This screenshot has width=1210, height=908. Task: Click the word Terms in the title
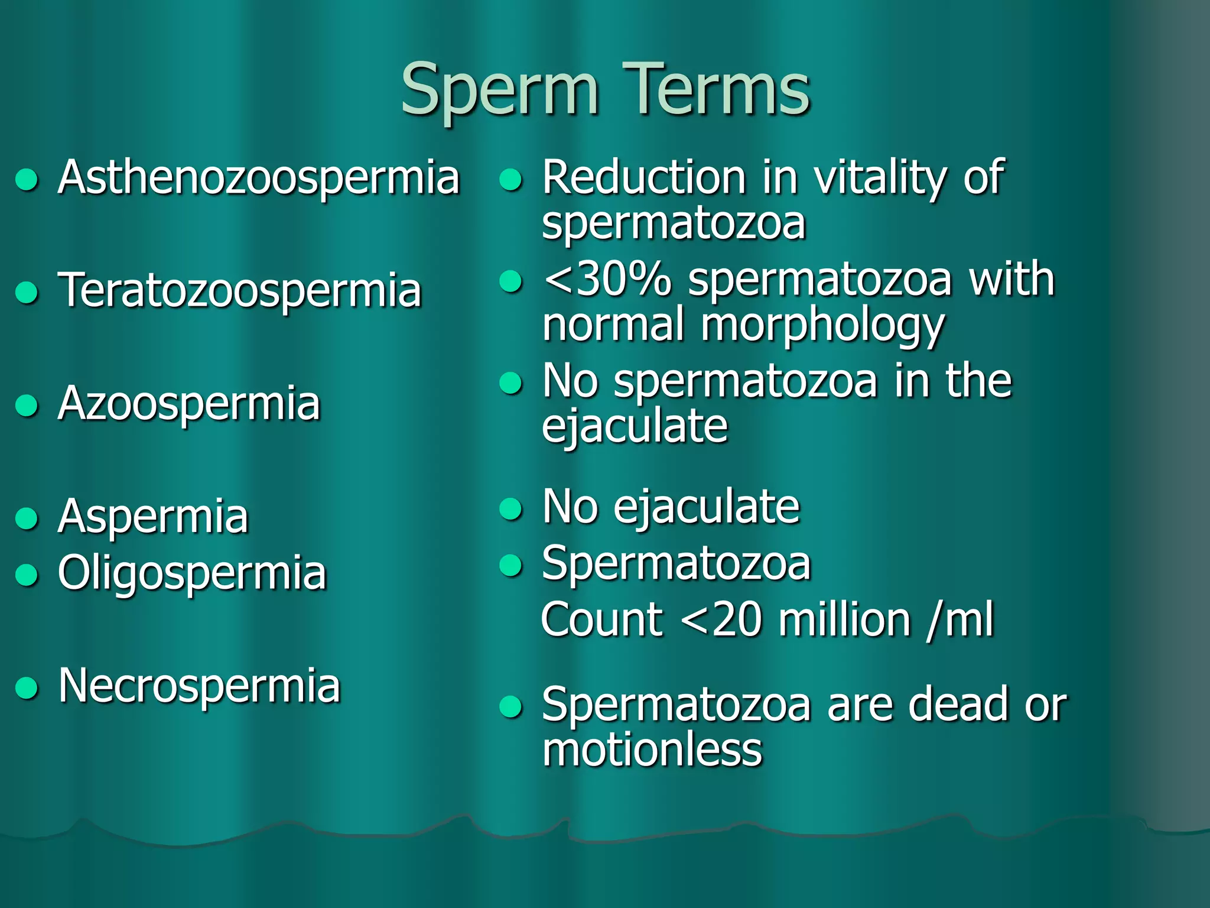715,90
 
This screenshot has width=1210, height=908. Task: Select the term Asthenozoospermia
259,177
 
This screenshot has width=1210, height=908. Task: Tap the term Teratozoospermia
240,290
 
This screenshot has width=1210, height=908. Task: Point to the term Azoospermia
189,403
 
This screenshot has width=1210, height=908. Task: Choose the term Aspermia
153,517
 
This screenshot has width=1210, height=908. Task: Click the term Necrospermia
199,686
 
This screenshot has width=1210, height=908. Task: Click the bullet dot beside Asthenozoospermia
27,180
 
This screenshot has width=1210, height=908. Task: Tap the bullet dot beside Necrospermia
27,688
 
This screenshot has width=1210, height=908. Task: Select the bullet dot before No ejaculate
511,509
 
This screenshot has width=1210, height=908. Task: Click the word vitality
880,177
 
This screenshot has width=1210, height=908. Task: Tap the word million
845,620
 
